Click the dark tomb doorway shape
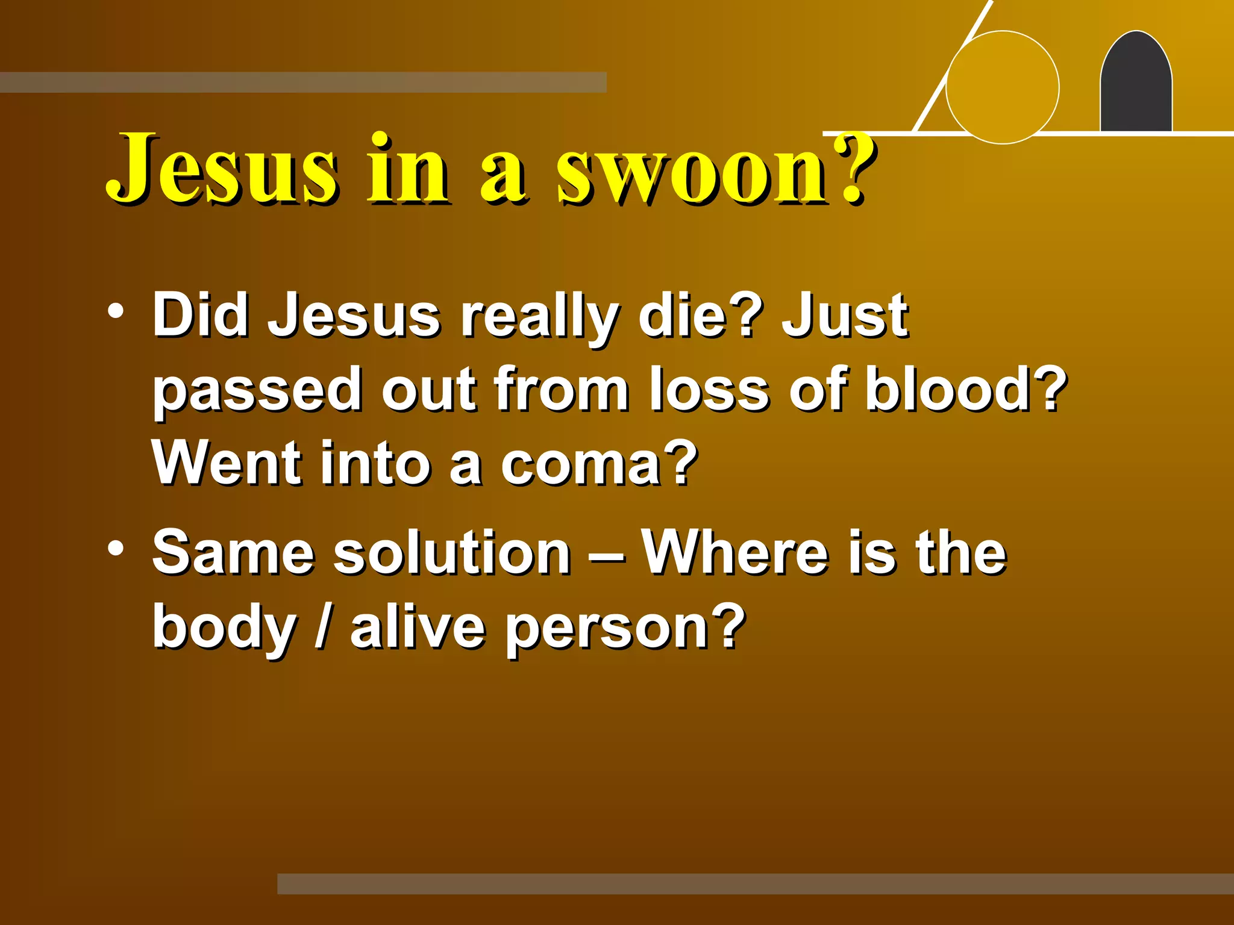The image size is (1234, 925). (x=1136, y=84)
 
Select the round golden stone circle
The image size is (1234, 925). (x=1003, y=87)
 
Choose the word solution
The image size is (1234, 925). (x=452, y=552)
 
